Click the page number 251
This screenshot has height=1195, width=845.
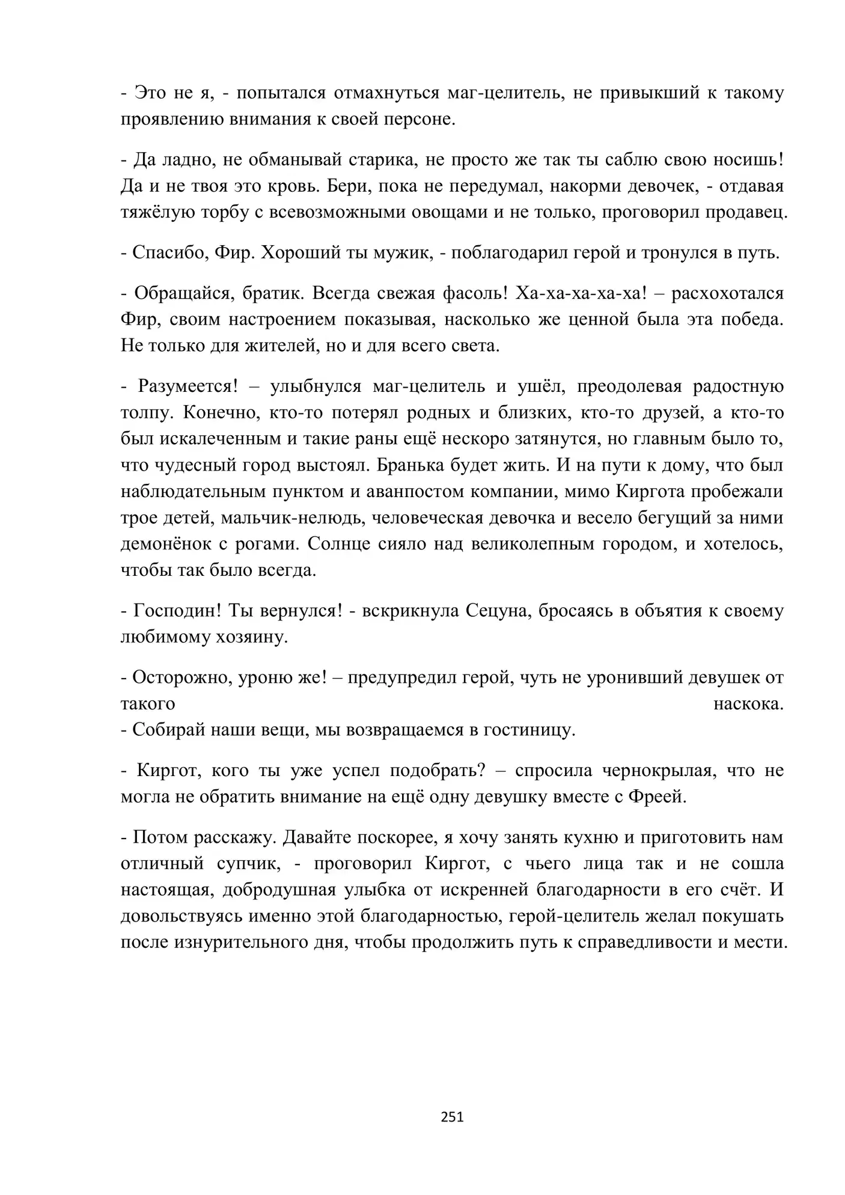[x=452, y=1117]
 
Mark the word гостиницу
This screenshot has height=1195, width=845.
[x=527, y=730]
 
